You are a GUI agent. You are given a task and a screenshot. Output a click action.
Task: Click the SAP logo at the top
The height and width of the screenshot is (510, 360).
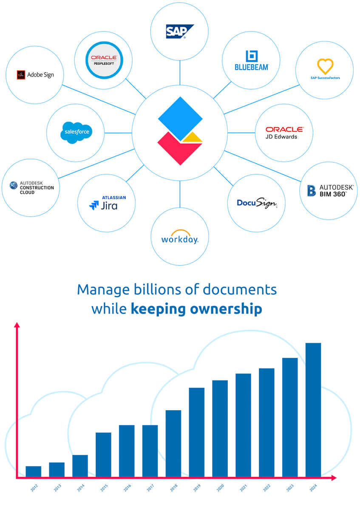pos(180,31)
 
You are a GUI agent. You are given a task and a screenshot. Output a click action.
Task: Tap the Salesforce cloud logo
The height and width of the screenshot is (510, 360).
pos(76,133)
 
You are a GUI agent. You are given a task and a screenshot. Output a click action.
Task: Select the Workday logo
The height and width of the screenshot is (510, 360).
pos(180,237)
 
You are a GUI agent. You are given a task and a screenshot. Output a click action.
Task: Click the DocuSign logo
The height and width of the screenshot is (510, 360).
pos(257,203)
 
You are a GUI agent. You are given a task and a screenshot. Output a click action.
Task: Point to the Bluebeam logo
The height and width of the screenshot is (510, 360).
pos(252,60)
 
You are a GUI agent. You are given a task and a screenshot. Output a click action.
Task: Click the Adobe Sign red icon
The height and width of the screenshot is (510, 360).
pos(21,75)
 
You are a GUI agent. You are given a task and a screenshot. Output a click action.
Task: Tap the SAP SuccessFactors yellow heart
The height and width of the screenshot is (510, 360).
pos(325,66)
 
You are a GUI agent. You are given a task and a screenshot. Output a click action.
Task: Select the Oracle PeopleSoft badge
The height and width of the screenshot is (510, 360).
pos(104,60)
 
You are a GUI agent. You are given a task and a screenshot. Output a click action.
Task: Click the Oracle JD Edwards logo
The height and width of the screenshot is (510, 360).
pos(285,133)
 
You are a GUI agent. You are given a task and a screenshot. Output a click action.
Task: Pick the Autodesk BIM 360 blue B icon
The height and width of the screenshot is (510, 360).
pos(311,190)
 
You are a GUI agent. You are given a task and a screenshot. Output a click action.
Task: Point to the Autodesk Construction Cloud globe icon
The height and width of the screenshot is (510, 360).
pos(14,185)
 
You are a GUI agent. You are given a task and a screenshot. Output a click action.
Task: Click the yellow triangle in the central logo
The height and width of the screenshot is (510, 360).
pos(193,137)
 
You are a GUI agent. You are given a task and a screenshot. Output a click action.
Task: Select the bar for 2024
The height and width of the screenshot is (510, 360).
pos(313,410)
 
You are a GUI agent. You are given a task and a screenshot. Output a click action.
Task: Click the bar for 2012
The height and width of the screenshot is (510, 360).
pos(34,471)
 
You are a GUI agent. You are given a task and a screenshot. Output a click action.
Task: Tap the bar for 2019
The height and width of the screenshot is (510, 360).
pos(197,432)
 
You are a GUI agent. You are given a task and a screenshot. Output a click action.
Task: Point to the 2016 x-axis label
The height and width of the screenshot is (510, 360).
pos(127,488)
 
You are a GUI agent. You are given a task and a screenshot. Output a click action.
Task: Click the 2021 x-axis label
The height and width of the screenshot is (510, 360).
pos(244,488)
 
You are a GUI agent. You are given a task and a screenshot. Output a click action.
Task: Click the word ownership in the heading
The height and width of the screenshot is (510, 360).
pos(226,309)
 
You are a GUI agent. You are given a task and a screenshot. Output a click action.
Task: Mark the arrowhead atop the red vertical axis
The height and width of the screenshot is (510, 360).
pos(17,325)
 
